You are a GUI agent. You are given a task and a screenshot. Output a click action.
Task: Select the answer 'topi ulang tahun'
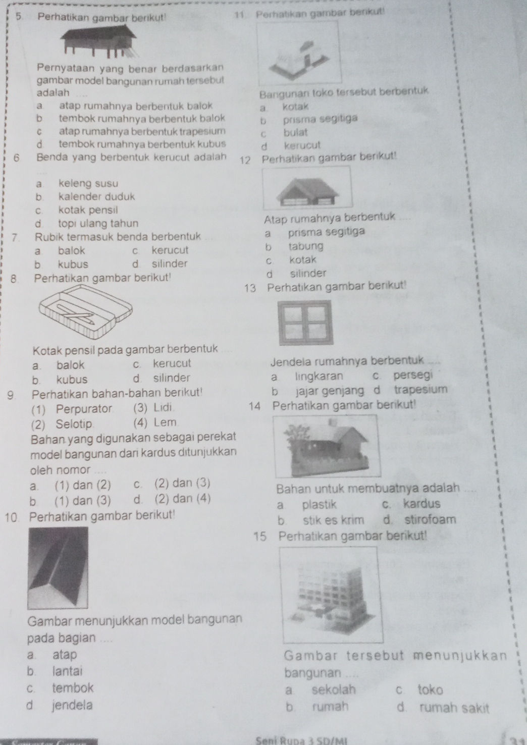(98, 223)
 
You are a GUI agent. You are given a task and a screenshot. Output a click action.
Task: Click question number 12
(246, 161)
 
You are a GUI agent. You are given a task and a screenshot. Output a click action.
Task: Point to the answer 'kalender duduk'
(97, 197)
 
